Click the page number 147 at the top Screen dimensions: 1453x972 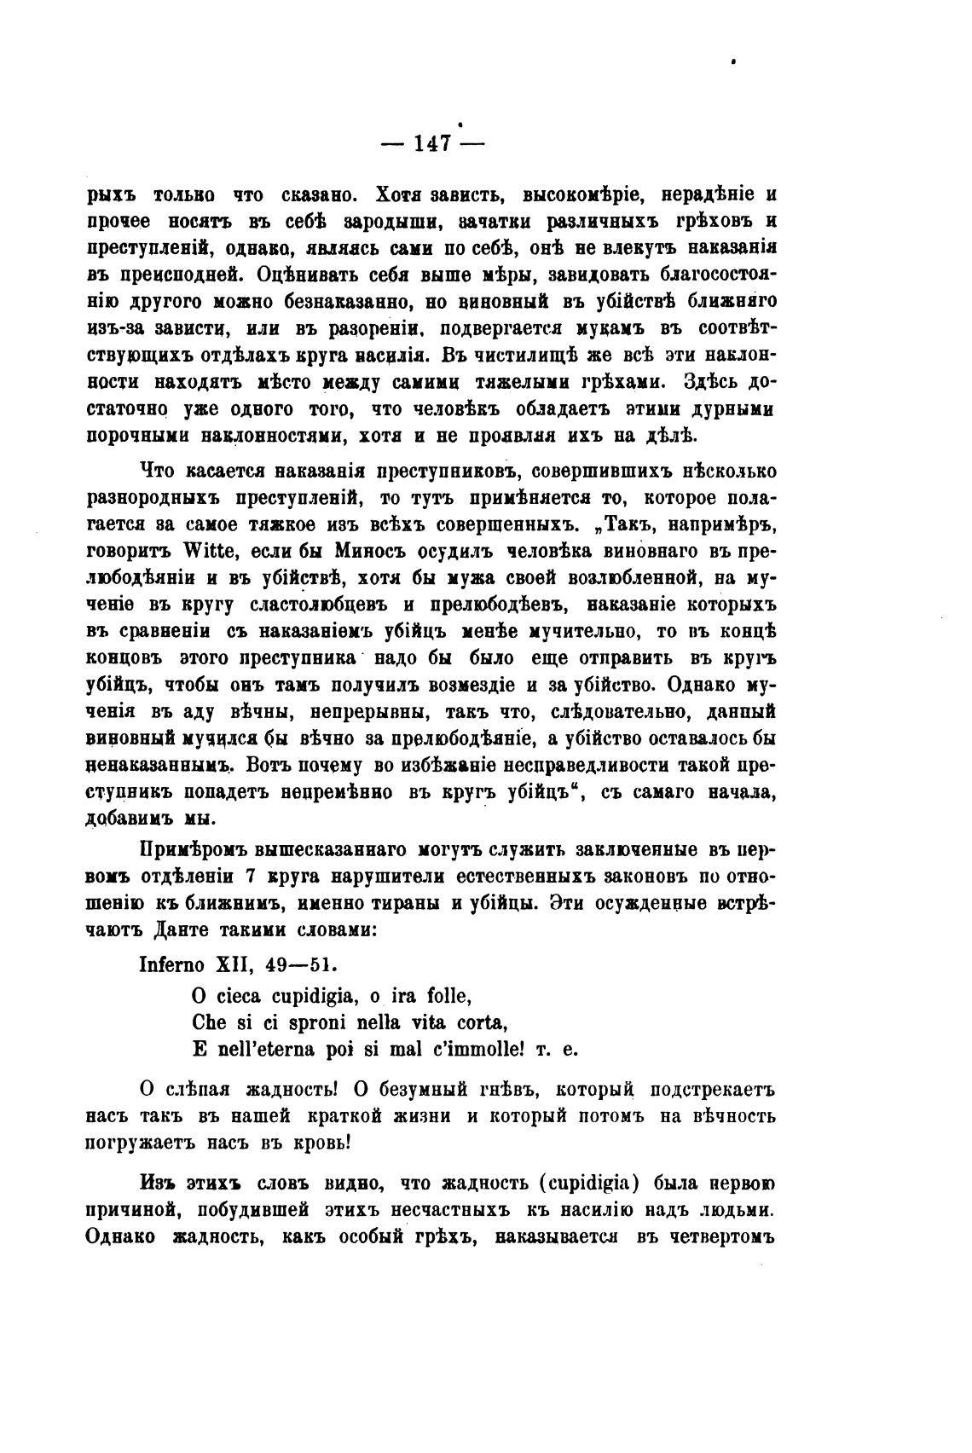tap(431, 142)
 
